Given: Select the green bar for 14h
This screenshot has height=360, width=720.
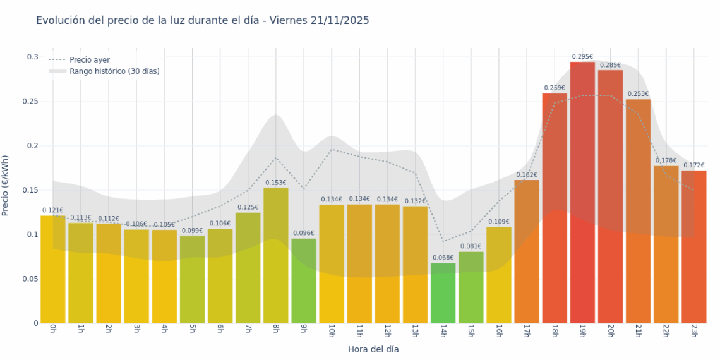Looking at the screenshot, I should [x=443, y=293].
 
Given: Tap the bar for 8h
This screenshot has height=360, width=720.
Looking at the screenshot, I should [x=276, y=255].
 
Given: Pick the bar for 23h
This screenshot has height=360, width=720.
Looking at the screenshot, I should [x=693, y=247].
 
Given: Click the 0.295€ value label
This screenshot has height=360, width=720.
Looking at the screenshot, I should [x=582, y=57].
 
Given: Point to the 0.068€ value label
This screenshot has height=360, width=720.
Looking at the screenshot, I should [x=443, y=258].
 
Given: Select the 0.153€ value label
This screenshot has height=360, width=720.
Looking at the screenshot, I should [x=276, y=183].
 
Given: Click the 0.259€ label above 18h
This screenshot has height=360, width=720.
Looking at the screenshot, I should [x=555, y=88].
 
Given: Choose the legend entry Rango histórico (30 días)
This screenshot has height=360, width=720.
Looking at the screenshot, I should [x=114, y=71].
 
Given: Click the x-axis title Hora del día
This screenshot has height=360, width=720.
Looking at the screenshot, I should [x=373, y=349].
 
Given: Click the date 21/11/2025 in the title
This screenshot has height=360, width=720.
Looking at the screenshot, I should [x=340, y=21].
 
